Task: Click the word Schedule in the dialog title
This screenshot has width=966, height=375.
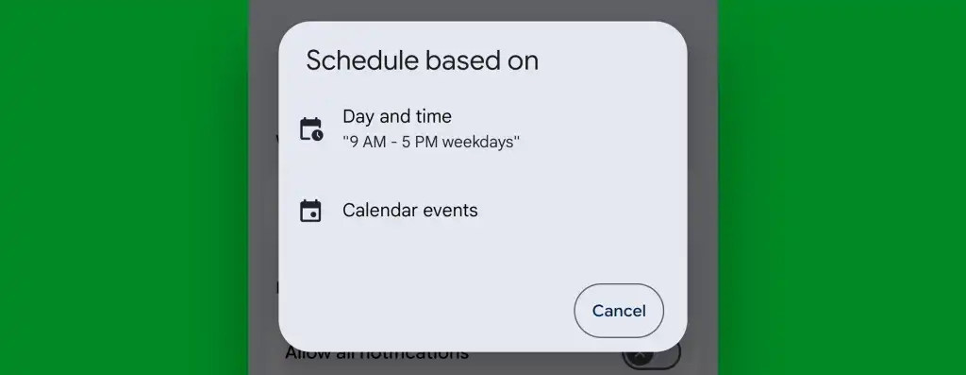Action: pos(361,60)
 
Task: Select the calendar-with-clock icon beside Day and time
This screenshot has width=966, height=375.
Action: pos(310,129)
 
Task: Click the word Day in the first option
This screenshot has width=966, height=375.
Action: pos(359,117)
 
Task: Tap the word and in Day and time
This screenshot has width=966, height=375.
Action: pos(396,116)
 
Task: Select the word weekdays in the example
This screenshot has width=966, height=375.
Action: pos(478,143)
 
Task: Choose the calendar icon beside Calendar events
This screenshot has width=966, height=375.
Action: pos(310,211)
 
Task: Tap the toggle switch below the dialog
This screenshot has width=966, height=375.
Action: pos(650,356)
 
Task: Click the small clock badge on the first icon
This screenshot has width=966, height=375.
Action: pos(318,136)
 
